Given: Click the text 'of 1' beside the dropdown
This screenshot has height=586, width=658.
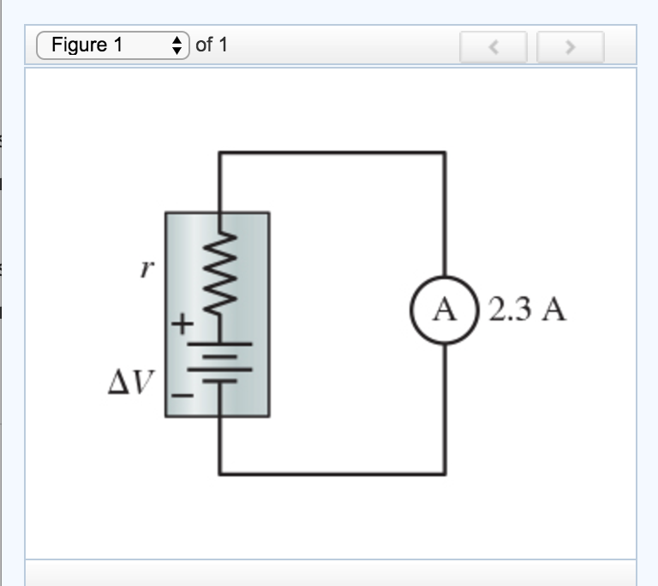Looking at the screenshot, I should tap(212, 45).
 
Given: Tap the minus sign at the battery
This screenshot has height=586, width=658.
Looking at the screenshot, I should tap(181, 396).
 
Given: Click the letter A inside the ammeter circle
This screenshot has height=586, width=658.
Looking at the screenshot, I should tap(445, 309).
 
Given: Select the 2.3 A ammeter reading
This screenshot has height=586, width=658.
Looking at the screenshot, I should tap(527, 309).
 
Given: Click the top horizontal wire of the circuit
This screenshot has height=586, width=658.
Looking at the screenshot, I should tap(332, 152).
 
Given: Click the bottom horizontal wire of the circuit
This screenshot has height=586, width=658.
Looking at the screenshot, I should tap(332, 473).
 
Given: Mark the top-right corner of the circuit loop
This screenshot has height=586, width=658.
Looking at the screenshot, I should tap(445, 152).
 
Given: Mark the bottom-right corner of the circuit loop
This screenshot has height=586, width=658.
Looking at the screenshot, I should tap(445, 473).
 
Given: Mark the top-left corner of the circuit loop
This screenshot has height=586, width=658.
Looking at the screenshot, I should tap(220, 152).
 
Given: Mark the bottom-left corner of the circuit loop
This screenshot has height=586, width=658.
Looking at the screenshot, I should tap(220, 473).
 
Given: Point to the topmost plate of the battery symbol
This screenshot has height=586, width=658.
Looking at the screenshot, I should tap(220, 343).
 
